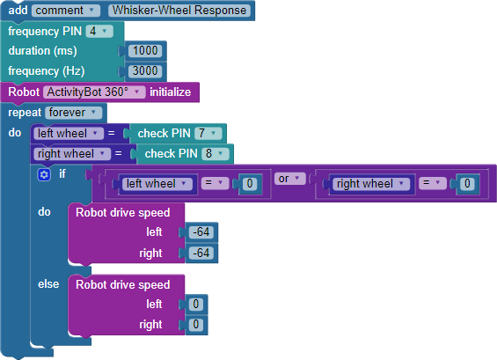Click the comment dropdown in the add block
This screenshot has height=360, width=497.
pyautogui.click(x=66, y=11)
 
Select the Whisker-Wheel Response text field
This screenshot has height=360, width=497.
pyautogui.click(x=179, y=11)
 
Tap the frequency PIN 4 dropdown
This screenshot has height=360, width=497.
pyautogui.click(x=99, y=32)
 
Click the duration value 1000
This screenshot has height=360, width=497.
pyautogui.click(x=145, y=51)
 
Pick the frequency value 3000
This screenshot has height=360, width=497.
pyautogui.click(x=145, y=70)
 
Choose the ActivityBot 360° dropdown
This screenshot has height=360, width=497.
pyautogui.click(x=94, y=92)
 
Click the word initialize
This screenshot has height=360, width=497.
pyautogui.click(x=170, y=92)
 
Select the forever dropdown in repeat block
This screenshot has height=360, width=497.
pyautogui.click(x=73, y=113)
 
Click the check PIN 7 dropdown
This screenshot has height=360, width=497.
pyautogui.click(x=208, y=133)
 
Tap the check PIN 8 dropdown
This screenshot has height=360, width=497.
pyautogui.click(x=216, y=154)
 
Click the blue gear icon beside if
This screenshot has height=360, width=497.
pyautogui.click(x=44, y=174)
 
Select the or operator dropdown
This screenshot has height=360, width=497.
pyautogui.click(x=289, y=179)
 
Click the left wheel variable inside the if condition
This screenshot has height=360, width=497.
pyautogui.click(x=157, y=184)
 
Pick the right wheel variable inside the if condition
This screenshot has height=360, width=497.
pyautogui.click(x=371, y=184)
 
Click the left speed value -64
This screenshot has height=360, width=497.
pyautogui.click(x=201, y=232)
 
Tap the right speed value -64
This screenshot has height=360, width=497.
pyautogui.click(x=201, y=253)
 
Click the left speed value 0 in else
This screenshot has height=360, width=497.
pyautogui.click(x=196, y=305)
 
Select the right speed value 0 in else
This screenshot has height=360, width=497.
pyautogui.click(x=196, y=325)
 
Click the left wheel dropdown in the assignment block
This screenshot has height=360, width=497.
pyautogui.click(x=69, y=134)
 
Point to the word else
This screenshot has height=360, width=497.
pyautogui.click(x=48, y=284)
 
